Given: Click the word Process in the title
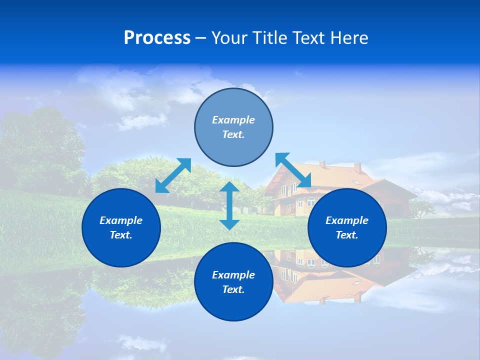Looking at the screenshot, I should coord(157,38).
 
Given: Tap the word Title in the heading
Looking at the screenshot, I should coord(268,38).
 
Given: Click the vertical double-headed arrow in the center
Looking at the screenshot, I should coord(229,205).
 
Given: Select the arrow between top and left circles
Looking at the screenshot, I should coord(173,175).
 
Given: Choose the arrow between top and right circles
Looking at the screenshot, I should coord(293,170).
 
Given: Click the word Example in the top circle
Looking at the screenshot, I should coord(233,120).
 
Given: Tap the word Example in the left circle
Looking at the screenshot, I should coord(121,220).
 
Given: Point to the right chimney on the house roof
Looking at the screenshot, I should coord(357,167).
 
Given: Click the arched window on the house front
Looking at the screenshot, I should coord(310,202).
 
